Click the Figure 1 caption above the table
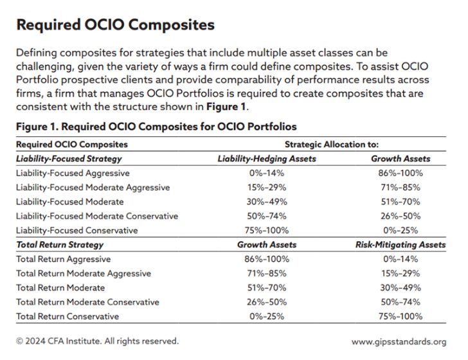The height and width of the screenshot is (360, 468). pos(156,126)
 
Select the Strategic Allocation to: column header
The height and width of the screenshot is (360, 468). pos(332,145)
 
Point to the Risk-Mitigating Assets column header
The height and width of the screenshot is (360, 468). pos(401,245)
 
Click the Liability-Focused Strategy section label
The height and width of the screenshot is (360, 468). pos(69,158)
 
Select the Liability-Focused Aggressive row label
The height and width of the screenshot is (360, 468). pos(73,173)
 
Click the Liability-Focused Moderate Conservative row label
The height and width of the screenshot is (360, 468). pos(97,216)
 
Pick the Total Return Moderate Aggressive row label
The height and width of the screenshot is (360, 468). pos(83,273)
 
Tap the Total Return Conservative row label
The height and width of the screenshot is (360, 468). pos(67,316)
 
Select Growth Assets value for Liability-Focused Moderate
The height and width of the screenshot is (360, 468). pos(400,202)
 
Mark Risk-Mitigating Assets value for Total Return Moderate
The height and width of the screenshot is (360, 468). pos(400,287)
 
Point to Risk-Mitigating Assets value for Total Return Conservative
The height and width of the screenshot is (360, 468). pos(400,316)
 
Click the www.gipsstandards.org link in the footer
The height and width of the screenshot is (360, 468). pos(399,341)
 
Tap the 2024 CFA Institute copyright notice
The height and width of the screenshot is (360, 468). pos(97,341)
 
